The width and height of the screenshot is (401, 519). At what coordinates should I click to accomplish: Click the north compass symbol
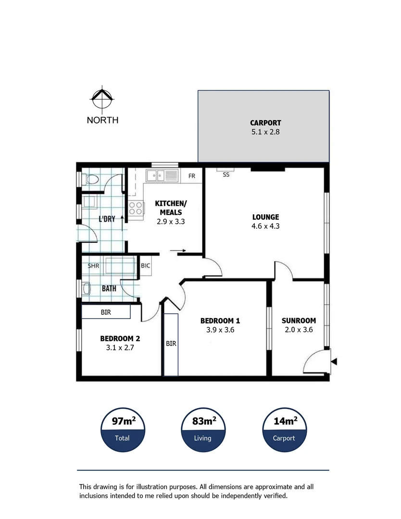[x=102, y=99]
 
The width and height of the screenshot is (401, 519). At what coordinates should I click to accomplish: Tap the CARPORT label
[x=265, y=123]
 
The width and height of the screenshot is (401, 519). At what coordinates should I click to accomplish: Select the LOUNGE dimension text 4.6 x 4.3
[x=265, y=226]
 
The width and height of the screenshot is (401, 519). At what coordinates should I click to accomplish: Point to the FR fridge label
[x=192, y=176]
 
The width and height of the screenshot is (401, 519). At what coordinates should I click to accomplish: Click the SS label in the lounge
[x=226, y=175]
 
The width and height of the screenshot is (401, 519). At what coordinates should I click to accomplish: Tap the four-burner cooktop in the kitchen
[x=136, y=208]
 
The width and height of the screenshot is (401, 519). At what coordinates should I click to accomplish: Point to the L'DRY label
[x=107, y=219]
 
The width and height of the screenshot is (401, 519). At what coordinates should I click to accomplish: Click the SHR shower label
[x=93, y=265]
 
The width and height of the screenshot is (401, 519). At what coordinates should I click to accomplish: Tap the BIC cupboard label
[x=145, y=265]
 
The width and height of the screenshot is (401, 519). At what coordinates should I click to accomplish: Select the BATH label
[x=109, y=289]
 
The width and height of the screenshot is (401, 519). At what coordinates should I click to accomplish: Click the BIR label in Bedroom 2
[x=106, y=312]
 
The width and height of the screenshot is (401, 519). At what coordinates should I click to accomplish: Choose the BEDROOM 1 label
[x=220, y=321]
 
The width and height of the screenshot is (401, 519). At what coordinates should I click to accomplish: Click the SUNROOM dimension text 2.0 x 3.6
[x=299, y=330]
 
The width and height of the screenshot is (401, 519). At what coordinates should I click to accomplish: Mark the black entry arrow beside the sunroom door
[x=335, y=362]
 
